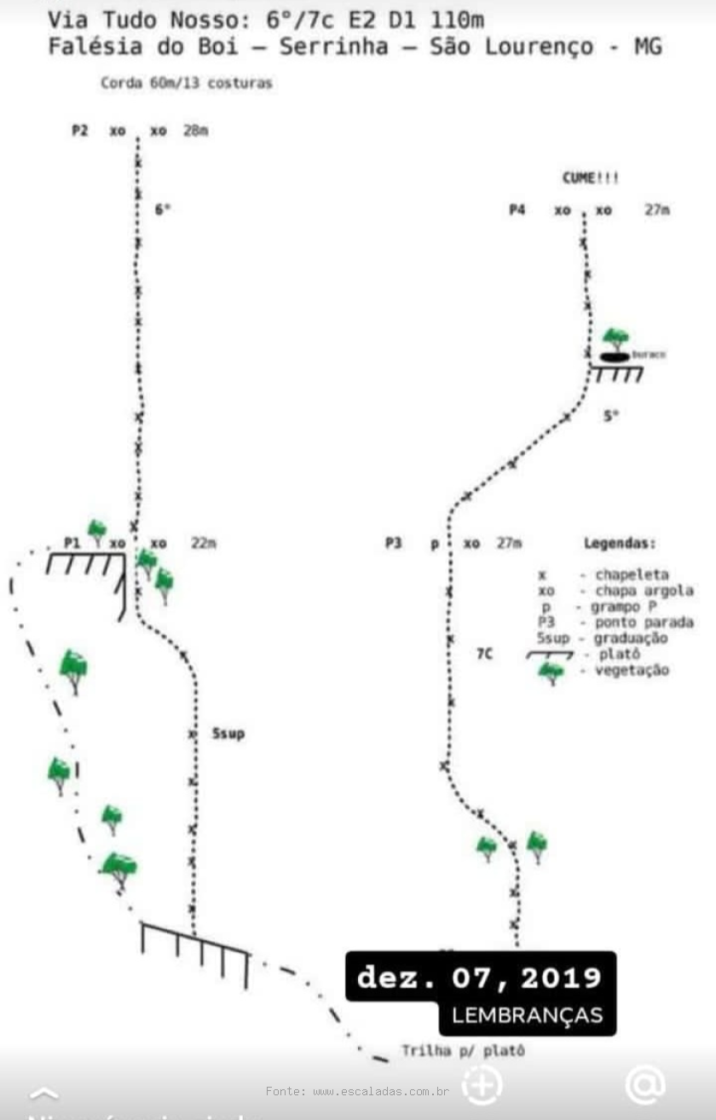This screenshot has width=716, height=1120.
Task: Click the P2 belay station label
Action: point(79,130)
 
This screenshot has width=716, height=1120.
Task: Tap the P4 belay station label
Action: point(517,210)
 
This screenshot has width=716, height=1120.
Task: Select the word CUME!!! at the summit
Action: point(590,178)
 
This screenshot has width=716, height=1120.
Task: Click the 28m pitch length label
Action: point(195,130)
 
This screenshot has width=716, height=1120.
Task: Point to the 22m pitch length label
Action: point(202,543)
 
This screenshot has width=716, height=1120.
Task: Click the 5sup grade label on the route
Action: point(228,733)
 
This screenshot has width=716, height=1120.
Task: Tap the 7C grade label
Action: point(484,654)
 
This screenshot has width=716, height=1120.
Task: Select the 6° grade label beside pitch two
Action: point(162,209)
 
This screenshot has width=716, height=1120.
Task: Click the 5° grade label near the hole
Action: point(610,417)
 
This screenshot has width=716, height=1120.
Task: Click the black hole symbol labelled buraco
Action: point(615,355)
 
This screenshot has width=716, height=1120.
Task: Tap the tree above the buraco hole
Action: point(615,338)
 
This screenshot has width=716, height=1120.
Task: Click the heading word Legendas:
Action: point(619,543)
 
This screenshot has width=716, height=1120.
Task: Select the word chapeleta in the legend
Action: point(632,574)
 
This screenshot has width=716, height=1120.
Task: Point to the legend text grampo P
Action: point(624,606)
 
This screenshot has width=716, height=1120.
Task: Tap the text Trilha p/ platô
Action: point(463,1050)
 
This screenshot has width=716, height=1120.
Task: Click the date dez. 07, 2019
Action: point(479,977)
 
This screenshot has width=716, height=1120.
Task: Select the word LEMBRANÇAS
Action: point(527,1015)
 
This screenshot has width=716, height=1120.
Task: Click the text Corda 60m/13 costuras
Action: point(187,83)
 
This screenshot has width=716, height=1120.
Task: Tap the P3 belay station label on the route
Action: point(393,543)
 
